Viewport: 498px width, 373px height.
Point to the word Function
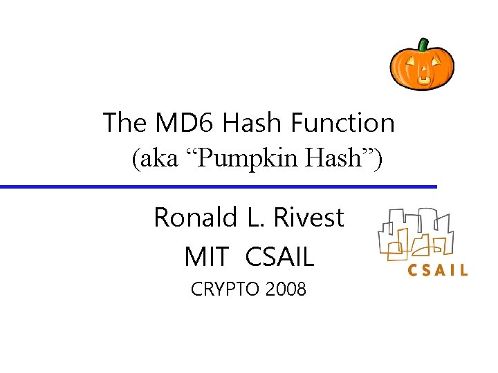pos(343,124)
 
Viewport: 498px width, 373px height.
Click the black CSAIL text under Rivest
pos(279,257)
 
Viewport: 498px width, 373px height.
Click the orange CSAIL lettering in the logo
pos(437,270)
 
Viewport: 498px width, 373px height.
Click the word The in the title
pos(124,124)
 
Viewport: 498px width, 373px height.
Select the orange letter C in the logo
pos(413,270)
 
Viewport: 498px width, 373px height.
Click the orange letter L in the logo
pos(462,270)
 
